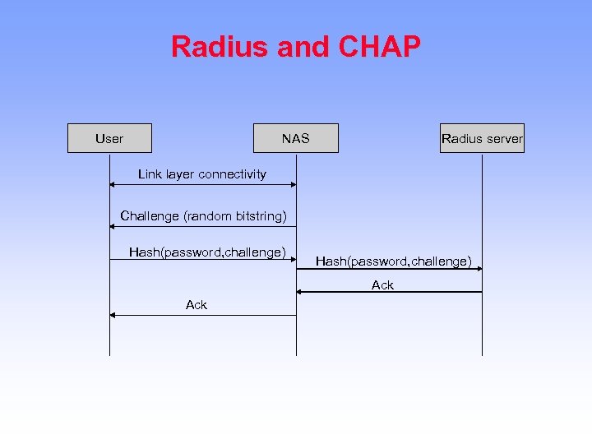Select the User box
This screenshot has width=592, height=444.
pyautogui.click(x=109, y=138)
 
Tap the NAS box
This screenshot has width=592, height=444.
pyautogui.click(x=296, y=138)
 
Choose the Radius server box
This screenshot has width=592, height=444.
pyautogui.click(x=482, y=138)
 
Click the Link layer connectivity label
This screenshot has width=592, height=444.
pyautogui.click(x=202, y=174)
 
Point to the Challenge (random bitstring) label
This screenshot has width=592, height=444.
pyautogui.click(x=203, y=216)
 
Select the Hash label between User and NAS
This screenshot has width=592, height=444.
pyautogui.click(x=207, y=252)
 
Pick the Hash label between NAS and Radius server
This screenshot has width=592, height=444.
pyautogui.click(x=394, y=261)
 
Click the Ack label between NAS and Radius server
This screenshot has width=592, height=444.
pyautogui.click(x=382, y=285)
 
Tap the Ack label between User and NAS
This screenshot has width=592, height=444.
pyautogui.click(x=197, y=305)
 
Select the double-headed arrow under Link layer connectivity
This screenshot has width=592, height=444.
pyautogui.click(x=202, y=185)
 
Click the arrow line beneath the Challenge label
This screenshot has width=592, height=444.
pyautogui.click(x=202, y=226)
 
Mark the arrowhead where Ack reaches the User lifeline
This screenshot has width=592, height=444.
pyautogui.click(x=113, y=315)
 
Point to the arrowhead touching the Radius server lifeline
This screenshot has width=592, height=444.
pyautogui.click(x=478, y=268)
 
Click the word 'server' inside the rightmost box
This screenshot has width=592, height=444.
pyautogui.click(x=503, y=138)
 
